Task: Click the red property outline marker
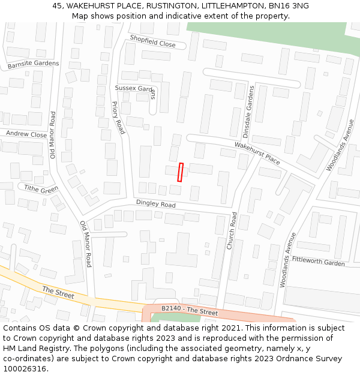click(x=180, y=172)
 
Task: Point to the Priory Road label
click(x=118, y=118)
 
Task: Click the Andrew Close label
click(x=26, y=134)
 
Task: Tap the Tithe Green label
click(x=41, y=189)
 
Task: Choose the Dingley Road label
click(x=155, y=205)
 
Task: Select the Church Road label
click(x=232, y=231)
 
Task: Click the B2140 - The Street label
click(x=190, y=310)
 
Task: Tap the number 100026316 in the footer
click(x=24, y=369)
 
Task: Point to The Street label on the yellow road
click(x=58, y=292)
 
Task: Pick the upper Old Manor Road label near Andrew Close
click(x=53, y=135)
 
